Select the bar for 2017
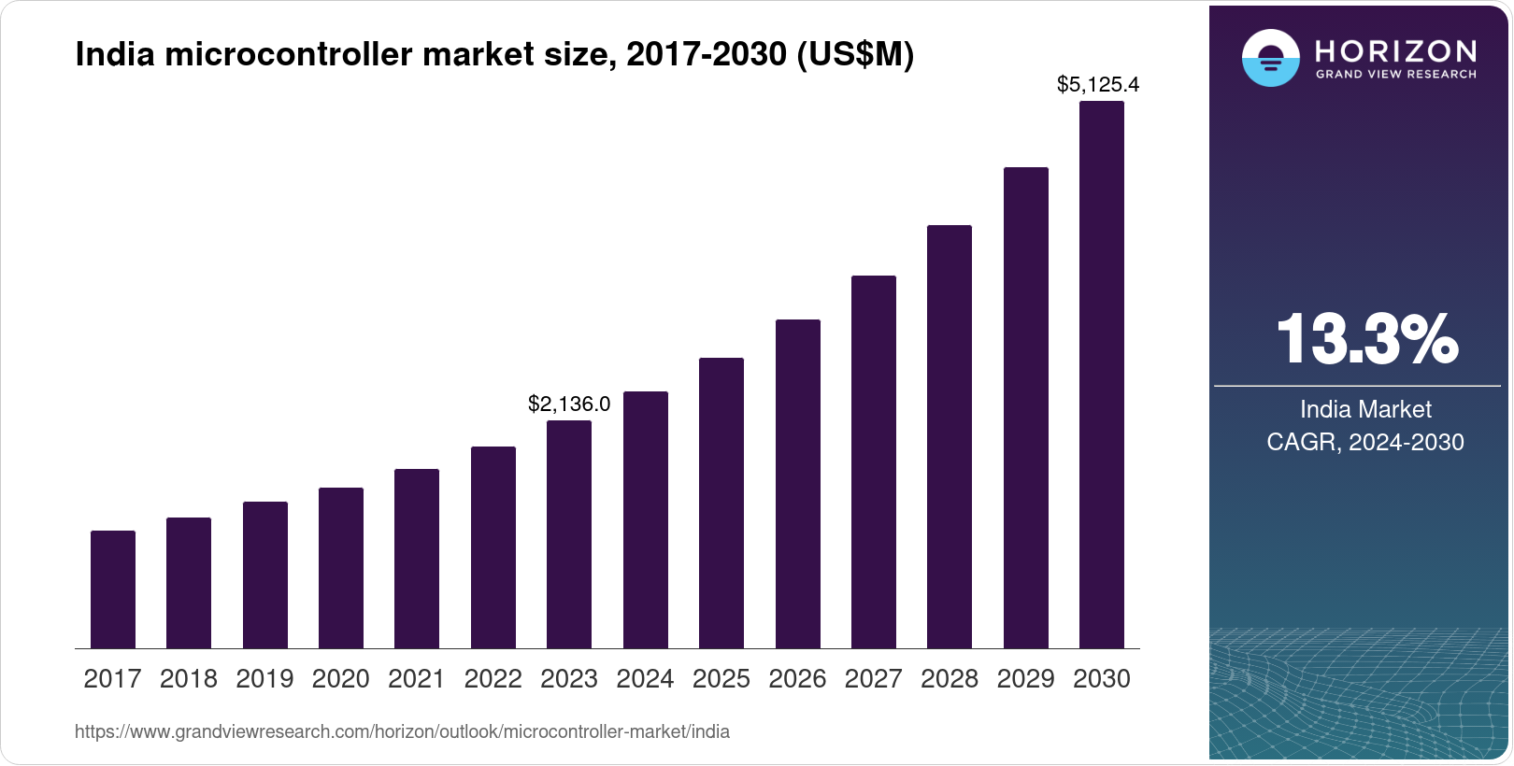click(113, 589)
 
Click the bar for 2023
click(569, 534)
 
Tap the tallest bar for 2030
click(1101, 375)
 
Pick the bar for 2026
click(797, 484)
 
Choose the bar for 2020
click(341, 568)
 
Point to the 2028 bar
click(950, 436)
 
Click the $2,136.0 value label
click(569, 404)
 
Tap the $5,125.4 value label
click(1097, 85)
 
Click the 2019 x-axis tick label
click(264, 679)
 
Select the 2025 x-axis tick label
click(721, 679)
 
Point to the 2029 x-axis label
click(1025, 679)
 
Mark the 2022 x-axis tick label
click(493, 679)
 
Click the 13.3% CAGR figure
click(1365, 339)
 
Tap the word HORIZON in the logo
click(1395, 50)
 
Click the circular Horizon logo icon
click(1270, 58)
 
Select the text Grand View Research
click(1395, 74)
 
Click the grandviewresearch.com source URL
click(402, 731)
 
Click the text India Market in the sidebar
click(1365, 409)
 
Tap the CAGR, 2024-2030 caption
click(1365, 442)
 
